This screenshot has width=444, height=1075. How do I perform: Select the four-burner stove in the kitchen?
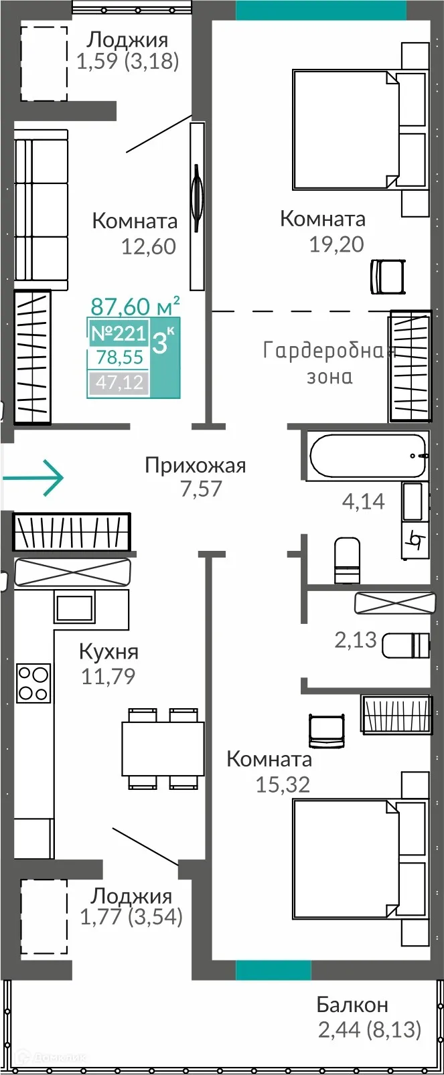point(33,682)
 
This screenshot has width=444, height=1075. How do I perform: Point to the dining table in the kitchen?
point(163,748)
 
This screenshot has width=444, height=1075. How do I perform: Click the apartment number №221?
point(118,333)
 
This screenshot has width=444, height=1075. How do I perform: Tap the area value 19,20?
point(336,244)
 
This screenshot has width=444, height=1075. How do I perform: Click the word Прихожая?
point(196,465)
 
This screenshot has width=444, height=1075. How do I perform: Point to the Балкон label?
point(352,1005)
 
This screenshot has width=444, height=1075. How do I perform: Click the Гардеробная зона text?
point(329,363)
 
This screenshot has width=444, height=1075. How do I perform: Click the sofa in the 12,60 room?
point(42,212)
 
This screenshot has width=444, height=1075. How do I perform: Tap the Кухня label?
point(108,651)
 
